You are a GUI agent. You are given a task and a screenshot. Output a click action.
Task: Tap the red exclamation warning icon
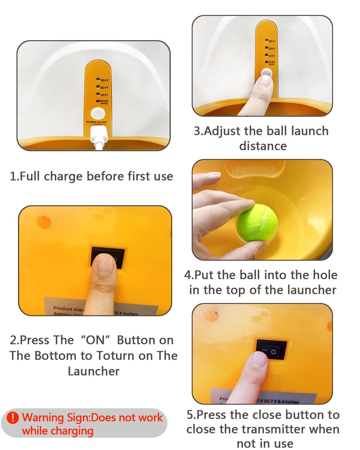(13, 418)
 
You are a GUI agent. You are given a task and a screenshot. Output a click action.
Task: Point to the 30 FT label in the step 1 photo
(104, 80)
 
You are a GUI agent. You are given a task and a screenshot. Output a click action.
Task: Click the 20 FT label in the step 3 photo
(271, 49)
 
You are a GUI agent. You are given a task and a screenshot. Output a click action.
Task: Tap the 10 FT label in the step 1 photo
(104, 95)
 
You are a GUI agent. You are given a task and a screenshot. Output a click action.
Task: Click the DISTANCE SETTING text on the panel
(96, 122)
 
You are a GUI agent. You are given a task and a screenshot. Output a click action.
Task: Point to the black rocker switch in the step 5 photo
(271, 349)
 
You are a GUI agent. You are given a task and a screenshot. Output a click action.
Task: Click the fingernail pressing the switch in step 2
(105, 264)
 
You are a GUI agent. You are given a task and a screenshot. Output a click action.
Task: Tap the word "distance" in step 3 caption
(263, 146)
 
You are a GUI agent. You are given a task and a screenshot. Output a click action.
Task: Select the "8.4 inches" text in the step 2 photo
(126, 313)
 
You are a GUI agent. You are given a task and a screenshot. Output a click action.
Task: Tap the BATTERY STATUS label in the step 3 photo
(271, 63)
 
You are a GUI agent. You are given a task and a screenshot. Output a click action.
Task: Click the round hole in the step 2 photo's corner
(43, 222)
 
